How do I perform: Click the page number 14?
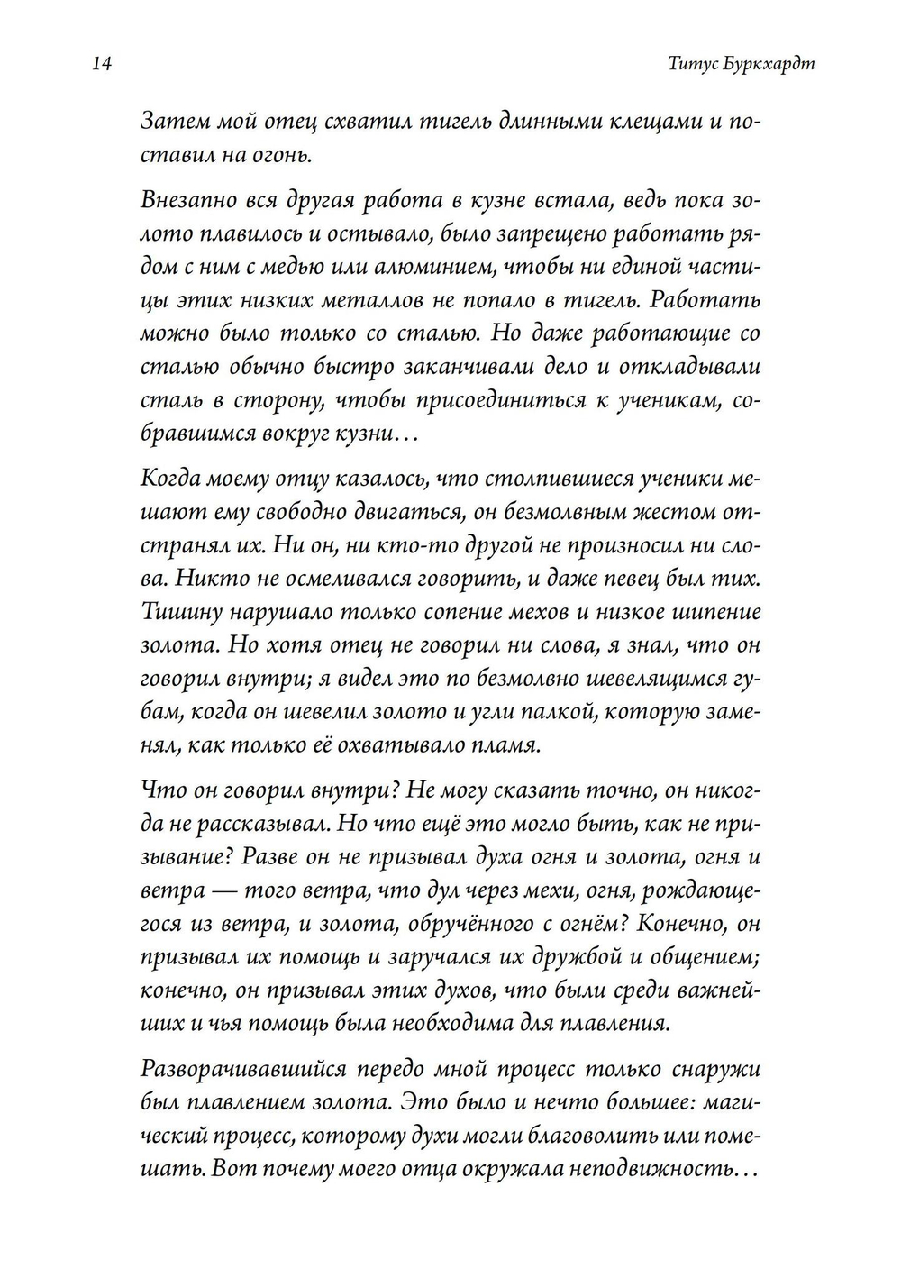click(x=100, y=65)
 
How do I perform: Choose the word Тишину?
click(x=180, y=611)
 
